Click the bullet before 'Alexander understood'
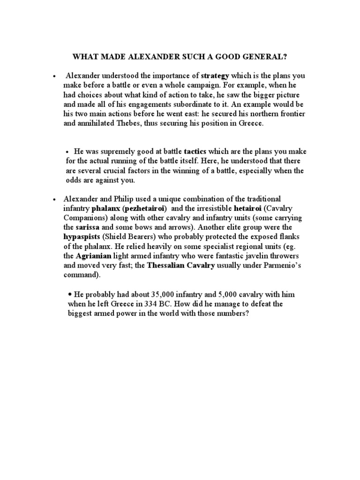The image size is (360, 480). [x=55, y=75]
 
